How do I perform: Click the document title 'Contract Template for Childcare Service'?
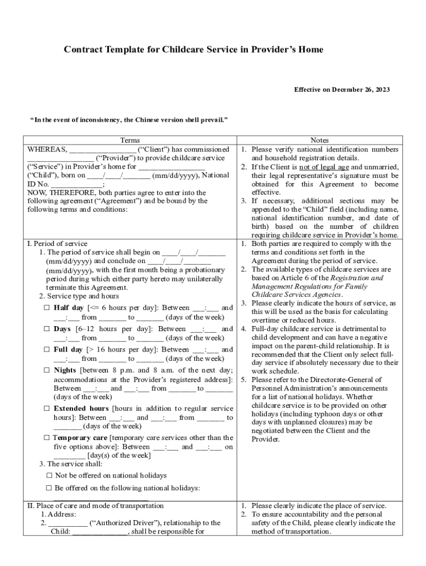point(193,50)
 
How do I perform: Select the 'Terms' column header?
point(130,140)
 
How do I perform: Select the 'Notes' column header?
point(320,140)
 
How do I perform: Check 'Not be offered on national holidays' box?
point(49,475)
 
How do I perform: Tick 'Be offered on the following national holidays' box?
point(49,488)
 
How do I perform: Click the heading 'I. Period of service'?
point(58,243)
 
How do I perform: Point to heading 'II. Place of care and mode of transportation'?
point(96,505)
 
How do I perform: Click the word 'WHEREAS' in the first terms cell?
point(47,150)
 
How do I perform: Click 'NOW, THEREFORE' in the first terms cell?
point(54,192)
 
